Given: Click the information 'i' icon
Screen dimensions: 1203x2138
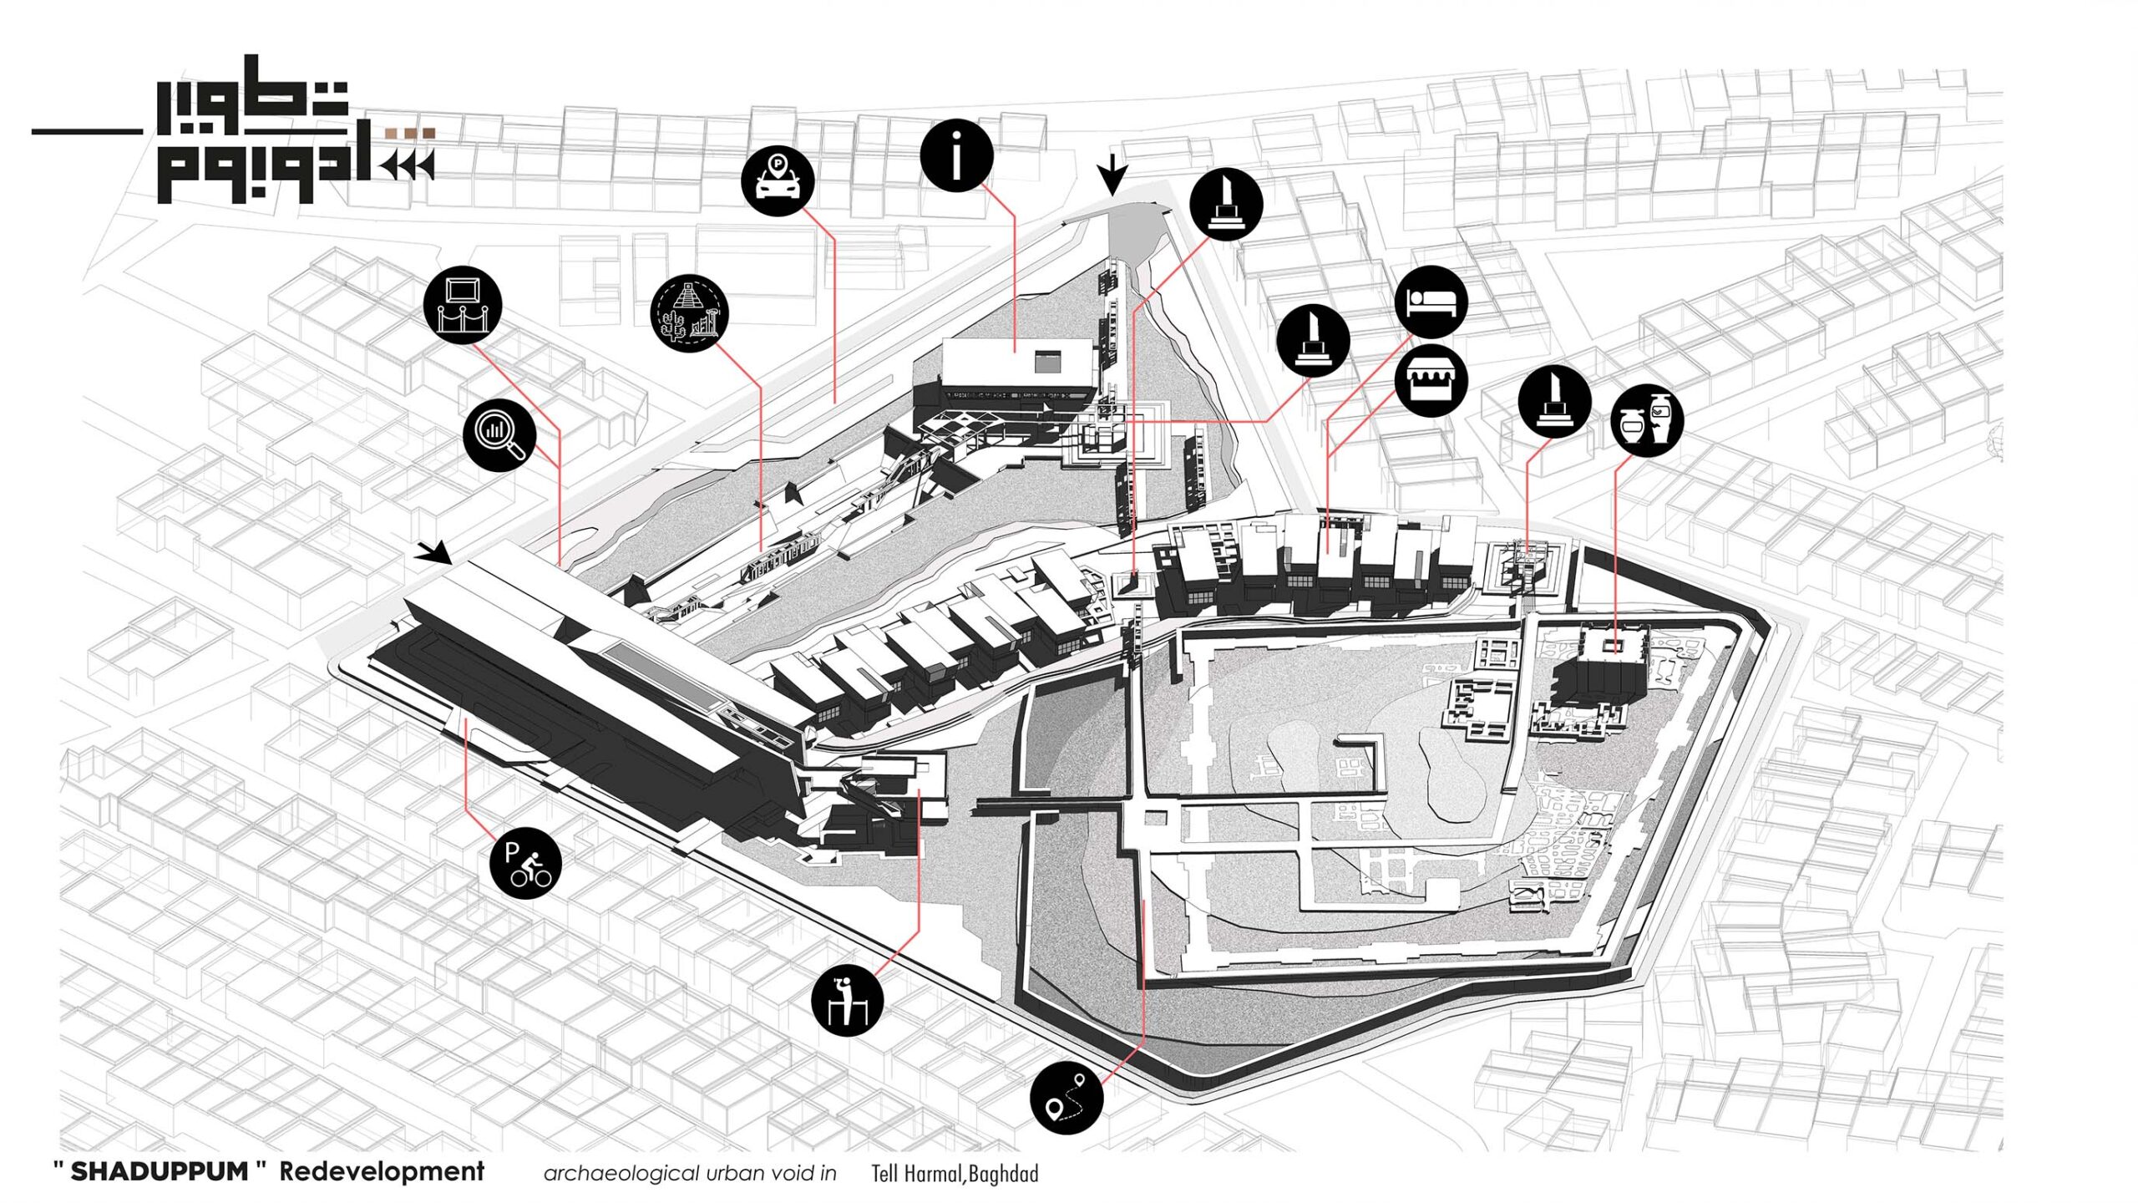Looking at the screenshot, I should (956, 155).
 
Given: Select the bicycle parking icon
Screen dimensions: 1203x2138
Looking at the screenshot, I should (526, 864).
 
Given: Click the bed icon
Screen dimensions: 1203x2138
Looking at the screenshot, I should (1431, 302).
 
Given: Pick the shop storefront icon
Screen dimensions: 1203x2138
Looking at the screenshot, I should (1431, 381).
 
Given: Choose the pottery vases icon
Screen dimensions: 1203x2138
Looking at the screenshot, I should (1647, 420).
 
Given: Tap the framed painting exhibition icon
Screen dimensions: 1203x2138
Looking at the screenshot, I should (463, 304).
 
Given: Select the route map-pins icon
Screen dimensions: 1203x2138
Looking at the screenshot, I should (1066, 1098).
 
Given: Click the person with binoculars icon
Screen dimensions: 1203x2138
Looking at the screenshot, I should (847, 1000).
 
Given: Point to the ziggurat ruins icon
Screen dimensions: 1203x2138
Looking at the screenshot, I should (689, 314).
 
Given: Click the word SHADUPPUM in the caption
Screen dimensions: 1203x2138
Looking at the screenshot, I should (159, 1171).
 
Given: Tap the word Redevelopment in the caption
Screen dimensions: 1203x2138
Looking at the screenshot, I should (382, 1171).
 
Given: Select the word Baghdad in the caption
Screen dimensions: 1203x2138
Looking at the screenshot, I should (1003, 1174).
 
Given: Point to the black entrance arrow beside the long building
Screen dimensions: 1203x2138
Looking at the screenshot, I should (435, 551).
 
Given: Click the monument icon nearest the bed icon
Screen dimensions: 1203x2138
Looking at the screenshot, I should (1312, 339).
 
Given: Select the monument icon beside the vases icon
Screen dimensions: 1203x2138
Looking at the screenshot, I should (1554, 402).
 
